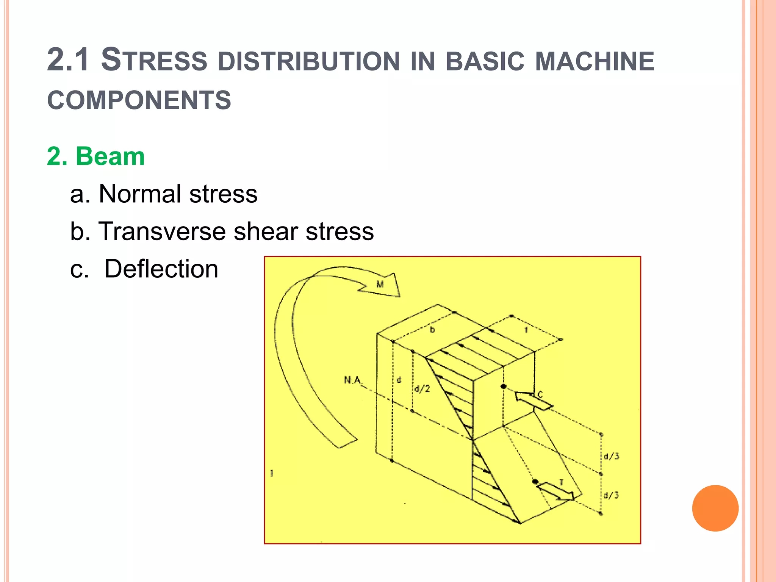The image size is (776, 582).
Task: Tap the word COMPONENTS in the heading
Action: pos(139,100)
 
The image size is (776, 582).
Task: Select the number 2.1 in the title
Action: pos(69,60)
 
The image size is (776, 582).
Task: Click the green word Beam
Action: pos(110,156)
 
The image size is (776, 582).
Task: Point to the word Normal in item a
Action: pos(140,194)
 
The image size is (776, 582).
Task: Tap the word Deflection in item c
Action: pos(161,269)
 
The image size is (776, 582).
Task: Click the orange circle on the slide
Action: pos(715,508)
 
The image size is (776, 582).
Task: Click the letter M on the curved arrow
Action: pos(380,284)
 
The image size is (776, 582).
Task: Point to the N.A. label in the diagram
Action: pos(352,380)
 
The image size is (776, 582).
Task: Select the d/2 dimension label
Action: pos(422,389)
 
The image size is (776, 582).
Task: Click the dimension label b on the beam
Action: pos(432,330)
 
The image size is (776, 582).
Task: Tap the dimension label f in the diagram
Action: pos(526,330)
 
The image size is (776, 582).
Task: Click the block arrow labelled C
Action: pos(533,401)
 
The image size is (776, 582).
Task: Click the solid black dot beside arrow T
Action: pos(535,482)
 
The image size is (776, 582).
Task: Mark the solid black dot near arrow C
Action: pos(503,386)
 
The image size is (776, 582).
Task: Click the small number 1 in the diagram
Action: pos(272,473)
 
